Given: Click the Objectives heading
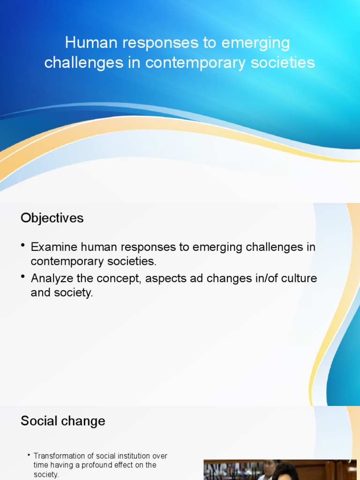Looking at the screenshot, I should [52, 218].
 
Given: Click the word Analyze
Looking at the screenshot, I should [52, 278].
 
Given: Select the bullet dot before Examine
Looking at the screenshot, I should [23, 246].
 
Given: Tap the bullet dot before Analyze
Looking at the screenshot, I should [23, 277].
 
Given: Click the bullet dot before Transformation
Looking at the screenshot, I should [29, 455].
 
